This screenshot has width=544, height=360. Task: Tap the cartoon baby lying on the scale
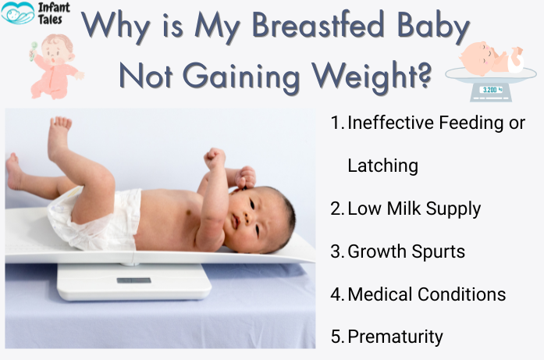[490, 59]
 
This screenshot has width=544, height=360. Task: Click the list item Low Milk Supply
[414, 209]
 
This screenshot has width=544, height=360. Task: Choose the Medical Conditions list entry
[426, 294]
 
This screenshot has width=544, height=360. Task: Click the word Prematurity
[395, 337]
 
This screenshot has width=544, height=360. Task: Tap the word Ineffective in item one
[390, 123]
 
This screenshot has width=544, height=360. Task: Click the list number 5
[336, 337]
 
